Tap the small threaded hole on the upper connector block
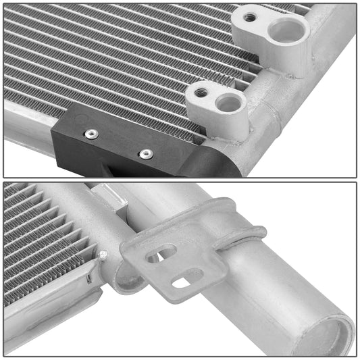pyautogui.click(x=250, y=18)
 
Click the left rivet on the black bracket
pyautogui.click(x=90, y=134)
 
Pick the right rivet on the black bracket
pyautogui.click(x=145, y=154)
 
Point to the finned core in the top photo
pyautogui.click(x=101, y=61)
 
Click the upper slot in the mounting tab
pyautogui.click(x=162, y=253)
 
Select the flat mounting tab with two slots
pyautogui.click(x=169, y=267)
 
